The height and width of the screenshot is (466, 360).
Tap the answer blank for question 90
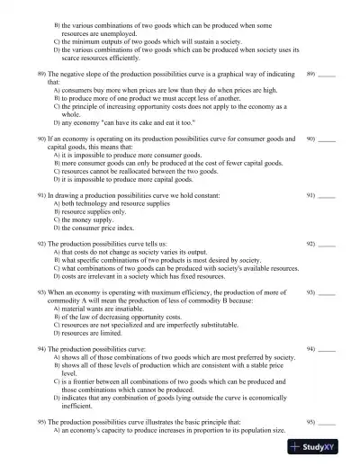point(327,140)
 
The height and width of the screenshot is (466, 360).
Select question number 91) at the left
point(40,194)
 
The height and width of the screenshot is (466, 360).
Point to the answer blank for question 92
point(327,244)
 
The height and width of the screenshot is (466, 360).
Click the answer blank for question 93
point(327,293)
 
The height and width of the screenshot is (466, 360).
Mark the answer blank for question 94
point(327,347)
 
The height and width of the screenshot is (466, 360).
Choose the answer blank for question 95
point(327,422)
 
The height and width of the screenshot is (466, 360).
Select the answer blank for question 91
point(327,194)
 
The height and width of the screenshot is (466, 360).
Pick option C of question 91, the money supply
point(94,220)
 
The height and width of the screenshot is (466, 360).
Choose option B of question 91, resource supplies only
point(101,211)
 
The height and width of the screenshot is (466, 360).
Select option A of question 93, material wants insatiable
point(112,309)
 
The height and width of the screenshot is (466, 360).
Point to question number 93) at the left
point(40,293)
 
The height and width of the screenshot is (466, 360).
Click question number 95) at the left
point(40,422)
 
